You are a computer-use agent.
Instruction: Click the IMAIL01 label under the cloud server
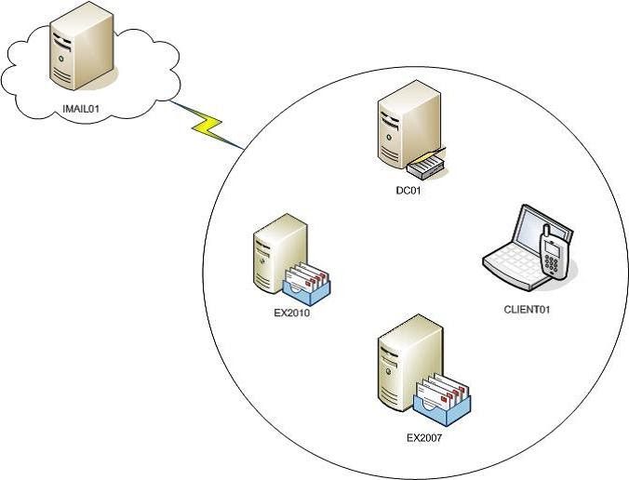click(x=81, y=108)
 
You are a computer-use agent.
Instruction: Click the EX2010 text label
click(x=291, y=313)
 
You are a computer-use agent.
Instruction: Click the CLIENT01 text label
click(x=527, y=308)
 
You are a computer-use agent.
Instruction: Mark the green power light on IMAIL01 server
click(x=62, y=58)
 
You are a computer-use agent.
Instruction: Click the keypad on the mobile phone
click(x=554, y=261)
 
